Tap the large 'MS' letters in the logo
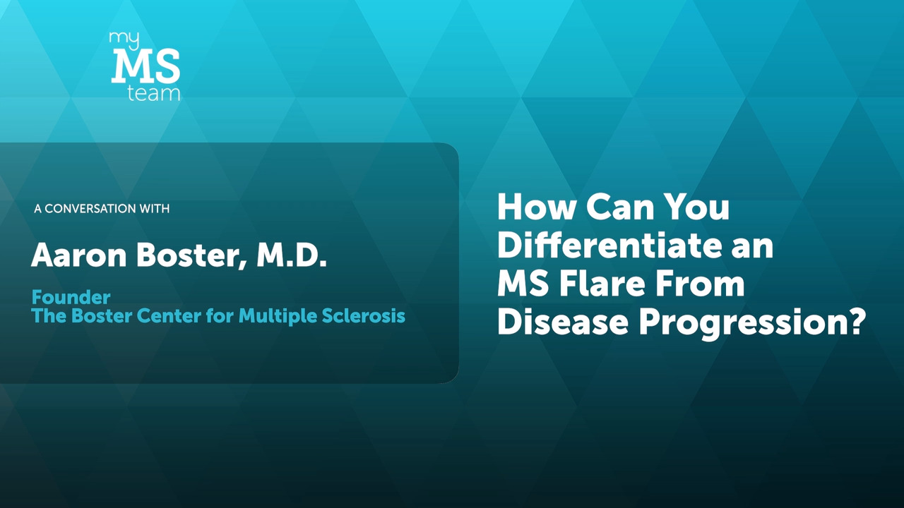coord(145,66)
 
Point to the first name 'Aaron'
coord(78,255)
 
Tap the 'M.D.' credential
coord(292,255)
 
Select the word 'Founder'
coord(71,298)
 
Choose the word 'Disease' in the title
coord(563,322)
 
